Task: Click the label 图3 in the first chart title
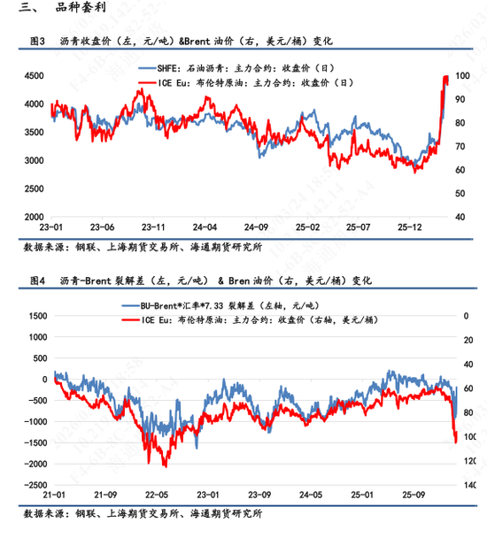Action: coord(37,41)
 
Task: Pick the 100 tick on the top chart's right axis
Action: coord(462,77)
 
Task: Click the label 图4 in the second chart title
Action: coord(37,280)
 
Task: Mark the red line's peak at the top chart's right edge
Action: coord(444,78)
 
